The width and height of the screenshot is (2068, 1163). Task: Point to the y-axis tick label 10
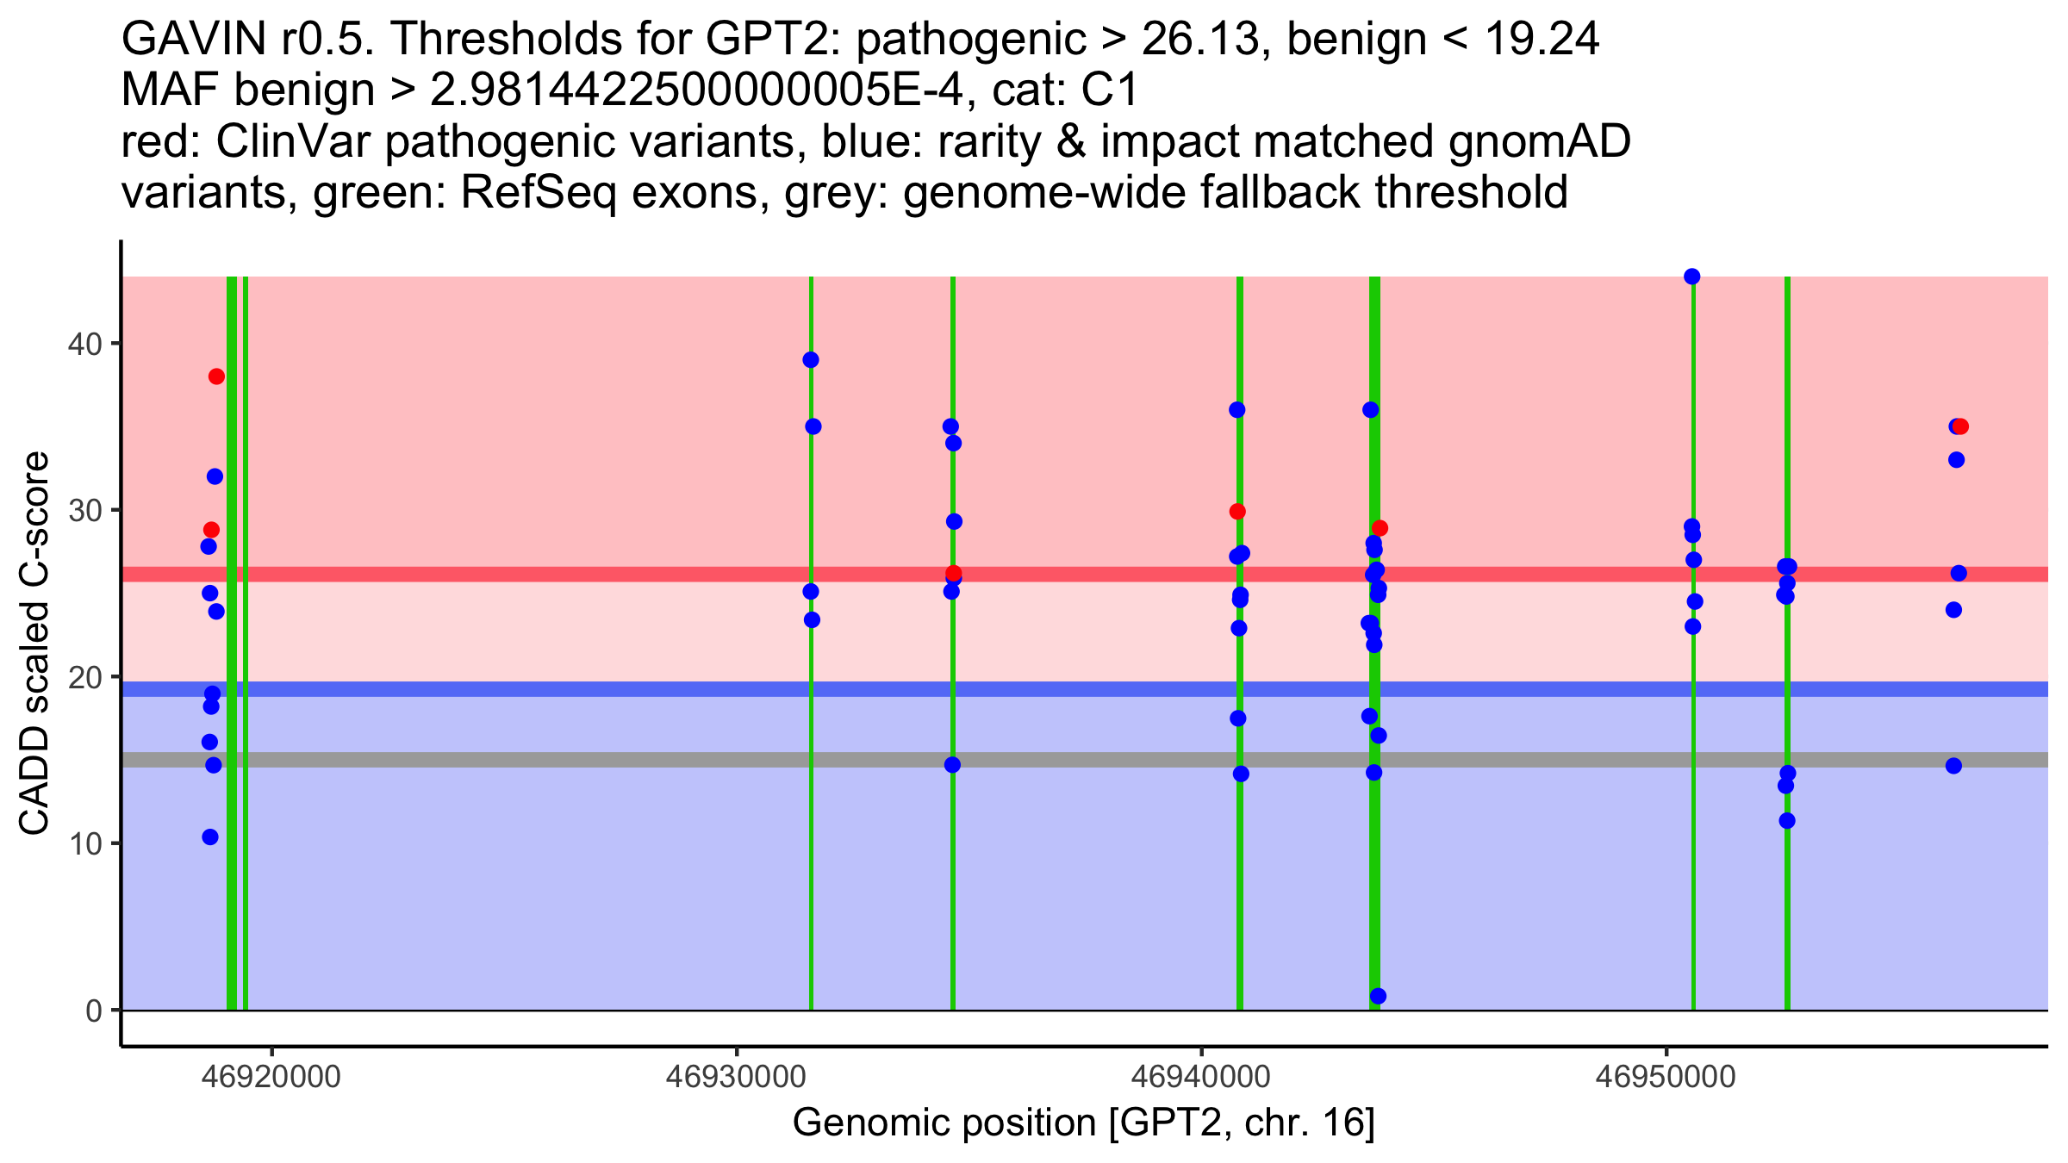tap(84, 844)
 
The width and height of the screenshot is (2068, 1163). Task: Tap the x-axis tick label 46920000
tap(272, 1077)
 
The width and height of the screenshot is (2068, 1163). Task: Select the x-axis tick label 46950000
tap(1666, 1077)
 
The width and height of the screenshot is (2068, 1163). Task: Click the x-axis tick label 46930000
tap(737, 1077)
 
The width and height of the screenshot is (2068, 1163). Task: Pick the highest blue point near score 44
tap(1692, 277)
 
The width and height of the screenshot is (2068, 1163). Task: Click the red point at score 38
tap(216, 376)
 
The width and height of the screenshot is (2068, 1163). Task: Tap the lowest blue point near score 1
tap(1378, 996)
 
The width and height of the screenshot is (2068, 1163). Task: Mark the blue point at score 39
tap(811, 360)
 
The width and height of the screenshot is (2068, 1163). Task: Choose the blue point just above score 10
tap(210, 837)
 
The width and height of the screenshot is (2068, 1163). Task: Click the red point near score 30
tap(1237, 512)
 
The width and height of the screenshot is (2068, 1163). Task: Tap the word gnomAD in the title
tap(1540, 141)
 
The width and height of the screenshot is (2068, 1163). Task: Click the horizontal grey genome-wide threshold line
tap(1085, 760)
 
